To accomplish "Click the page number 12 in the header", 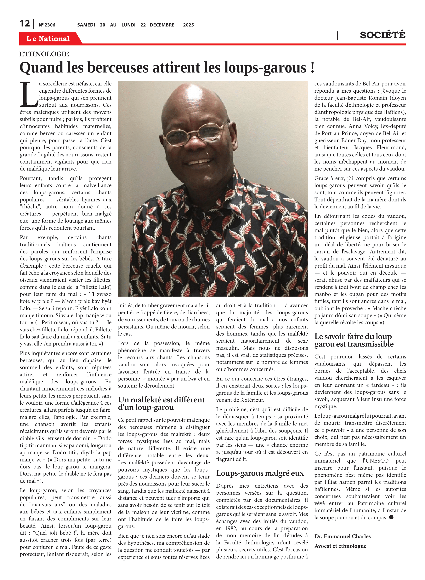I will [25, 24].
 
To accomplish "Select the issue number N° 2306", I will [47, 25].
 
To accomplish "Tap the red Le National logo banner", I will [48, 39].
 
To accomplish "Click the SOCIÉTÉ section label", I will [382, 35].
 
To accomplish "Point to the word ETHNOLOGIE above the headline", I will [44, 54].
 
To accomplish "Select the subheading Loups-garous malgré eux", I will [260, 473].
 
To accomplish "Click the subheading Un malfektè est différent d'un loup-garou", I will [161, 403].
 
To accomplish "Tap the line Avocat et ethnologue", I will [340, 546].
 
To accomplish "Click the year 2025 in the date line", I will [188, 25].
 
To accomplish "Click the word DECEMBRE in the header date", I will [162, 25].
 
